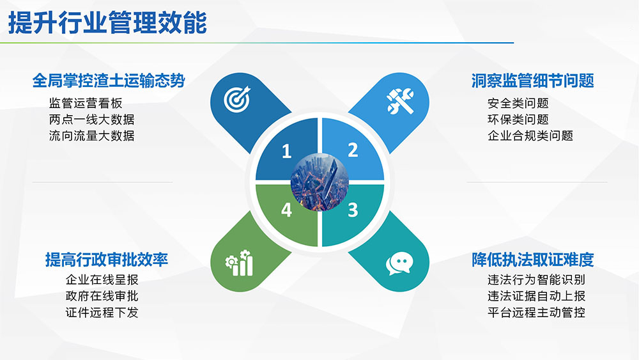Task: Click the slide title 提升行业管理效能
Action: (x=107, y=22)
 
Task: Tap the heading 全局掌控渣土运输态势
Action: (x=109, y=81)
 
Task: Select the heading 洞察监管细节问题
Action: (x=533, y=81)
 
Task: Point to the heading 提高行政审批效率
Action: (x=106, y=260)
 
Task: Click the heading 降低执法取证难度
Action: (x=533, y=260)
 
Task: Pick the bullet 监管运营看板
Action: (x=86, y=103)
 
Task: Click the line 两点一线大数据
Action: (x=91, y=120)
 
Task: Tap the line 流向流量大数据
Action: (x=91, y=136)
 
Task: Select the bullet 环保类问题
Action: (x=518, y=120)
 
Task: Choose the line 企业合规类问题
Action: (x=530, y=136)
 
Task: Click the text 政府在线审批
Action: (x=102, y=296)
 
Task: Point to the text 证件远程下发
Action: (x=102, y=312)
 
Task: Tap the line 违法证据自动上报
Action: (x=536, y=296)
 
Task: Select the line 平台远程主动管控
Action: (x=536, y=312)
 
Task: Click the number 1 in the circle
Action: (x=286, y=152)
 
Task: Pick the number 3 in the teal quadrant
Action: (x=353, y=210)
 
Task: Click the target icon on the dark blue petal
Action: (x=237, y=99)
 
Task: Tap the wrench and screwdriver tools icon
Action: (x=400, y=101)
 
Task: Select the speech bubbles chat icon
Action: (x=399, y=263)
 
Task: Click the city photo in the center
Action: (x=319, y=182)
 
